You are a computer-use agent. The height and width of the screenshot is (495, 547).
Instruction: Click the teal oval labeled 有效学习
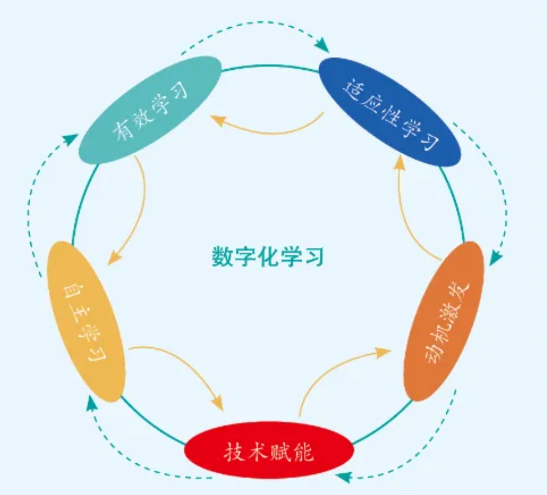(150, 109)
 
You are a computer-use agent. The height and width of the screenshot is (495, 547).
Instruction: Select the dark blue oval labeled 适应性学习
(390, 111)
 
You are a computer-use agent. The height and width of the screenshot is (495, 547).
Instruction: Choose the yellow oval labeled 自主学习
(86, 321)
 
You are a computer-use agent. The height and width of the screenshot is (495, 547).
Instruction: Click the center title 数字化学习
(267, 258)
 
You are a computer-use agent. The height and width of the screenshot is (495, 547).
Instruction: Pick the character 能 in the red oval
(304, 452)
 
